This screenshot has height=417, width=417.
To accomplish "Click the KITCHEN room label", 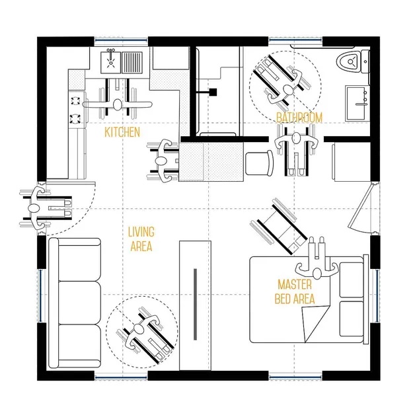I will (x=122, y=132).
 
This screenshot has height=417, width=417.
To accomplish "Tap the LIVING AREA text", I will (x=141, y=239).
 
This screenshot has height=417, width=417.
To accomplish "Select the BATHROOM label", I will (x=299, y=118).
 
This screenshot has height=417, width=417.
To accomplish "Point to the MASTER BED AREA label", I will (x=295, y=291).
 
